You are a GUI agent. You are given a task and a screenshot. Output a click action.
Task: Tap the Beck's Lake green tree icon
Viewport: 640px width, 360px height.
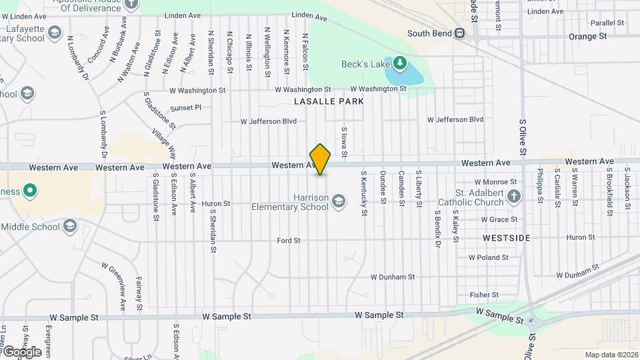pos(400,63)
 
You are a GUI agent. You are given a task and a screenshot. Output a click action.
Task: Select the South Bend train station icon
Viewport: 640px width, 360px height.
pos(459,33)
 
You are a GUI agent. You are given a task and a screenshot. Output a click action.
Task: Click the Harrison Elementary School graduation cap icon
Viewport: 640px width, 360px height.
pos(339,201)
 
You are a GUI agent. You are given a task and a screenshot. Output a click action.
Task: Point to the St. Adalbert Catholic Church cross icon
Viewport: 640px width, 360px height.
pos(513,197)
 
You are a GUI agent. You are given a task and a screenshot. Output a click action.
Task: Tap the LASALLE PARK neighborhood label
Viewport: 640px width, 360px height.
pos(329,101)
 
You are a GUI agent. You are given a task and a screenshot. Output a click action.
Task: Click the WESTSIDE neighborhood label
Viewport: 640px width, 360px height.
pos(507,237)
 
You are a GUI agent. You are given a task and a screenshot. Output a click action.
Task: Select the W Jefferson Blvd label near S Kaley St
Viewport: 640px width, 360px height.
pos(455,119)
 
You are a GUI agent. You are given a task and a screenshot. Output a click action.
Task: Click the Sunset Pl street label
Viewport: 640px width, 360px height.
pos(185,107)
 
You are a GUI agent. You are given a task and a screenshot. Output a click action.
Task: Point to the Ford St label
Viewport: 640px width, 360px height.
pos(289,240)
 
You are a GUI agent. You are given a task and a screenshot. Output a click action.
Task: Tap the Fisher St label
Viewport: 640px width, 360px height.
pos(484,295)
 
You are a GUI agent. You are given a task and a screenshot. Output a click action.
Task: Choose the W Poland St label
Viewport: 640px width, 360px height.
pos(489,257)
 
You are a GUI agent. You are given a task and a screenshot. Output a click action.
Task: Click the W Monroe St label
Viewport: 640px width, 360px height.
pos(495,181)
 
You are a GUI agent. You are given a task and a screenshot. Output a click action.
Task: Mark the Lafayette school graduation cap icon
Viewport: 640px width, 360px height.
pos(55,32)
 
